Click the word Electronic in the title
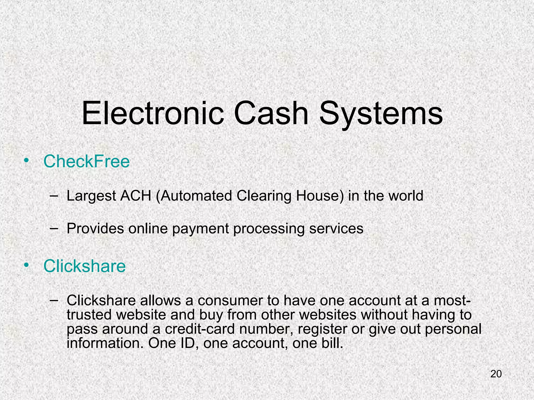(x=153, y=114)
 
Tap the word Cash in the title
(x=271, y=114)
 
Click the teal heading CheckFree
(x=86, y=161)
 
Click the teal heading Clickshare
(x=84, y=266)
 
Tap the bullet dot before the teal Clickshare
(x=26, y=265)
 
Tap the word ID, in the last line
(x=187, y=343)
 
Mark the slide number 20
(x=496, y=374)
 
